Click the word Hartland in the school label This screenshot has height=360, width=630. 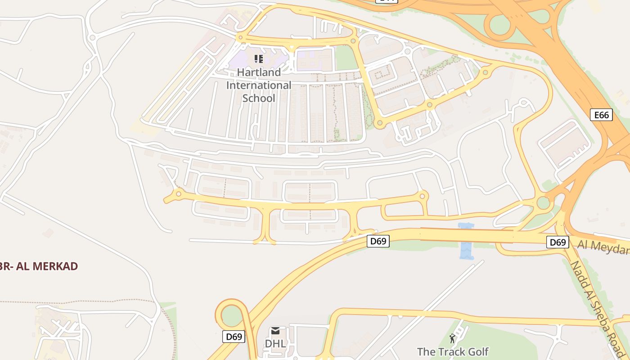click(x=259, y=72)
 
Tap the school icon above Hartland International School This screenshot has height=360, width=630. click(x=259, y=58)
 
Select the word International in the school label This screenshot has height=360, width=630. click(x=259, y=85)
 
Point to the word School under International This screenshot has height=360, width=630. click(x=259, y=98)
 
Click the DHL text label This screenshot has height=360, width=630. click(x=275, y=343)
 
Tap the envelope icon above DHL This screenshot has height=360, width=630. click(x=275, y=331)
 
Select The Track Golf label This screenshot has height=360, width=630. click(x=452, y=351)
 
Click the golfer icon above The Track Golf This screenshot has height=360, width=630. click(x=452, y=338)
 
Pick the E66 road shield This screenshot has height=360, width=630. click(x=601, y=115)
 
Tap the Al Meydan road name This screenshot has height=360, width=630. click(x=603, y=247)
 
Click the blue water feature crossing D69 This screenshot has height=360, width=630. click(x=466, y=241)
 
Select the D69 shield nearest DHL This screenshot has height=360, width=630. click(x=234, y=336)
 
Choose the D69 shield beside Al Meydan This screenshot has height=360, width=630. click(x=558, y=242)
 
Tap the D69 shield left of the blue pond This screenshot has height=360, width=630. click(x=378, y=241)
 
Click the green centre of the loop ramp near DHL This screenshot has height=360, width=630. click(x=231, y=315)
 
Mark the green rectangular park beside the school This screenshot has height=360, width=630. click(x=346, y=58)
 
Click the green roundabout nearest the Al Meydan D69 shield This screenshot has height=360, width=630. click(x=544, y=203)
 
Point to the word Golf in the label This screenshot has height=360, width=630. click(x=478, y=351)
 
